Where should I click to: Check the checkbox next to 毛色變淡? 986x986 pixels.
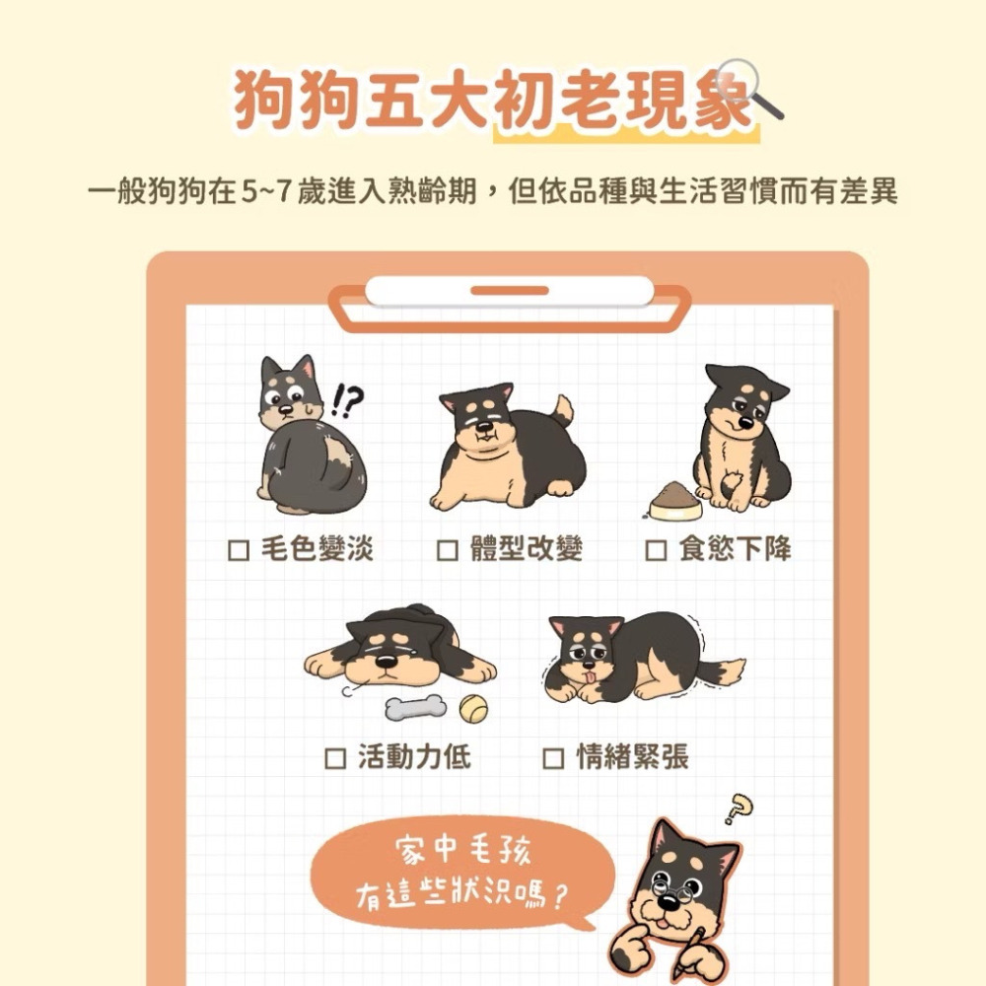coord(237,549)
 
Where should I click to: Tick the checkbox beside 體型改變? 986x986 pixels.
coord(447,549)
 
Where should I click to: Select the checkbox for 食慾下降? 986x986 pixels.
coord(655,549)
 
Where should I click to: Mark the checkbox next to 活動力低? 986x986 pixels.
coord(335,758)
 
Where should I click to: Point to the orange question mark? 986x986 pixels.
coord(738,810)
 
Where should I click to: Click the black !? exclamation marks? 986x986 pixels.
coord(349,399)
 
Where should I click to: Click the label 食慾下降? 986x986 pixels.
coord(735,549)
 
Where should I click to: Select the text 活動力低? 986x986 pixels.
coord(414,757)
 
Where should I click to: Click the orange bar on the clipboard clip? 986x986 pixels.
coord(509,291)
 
